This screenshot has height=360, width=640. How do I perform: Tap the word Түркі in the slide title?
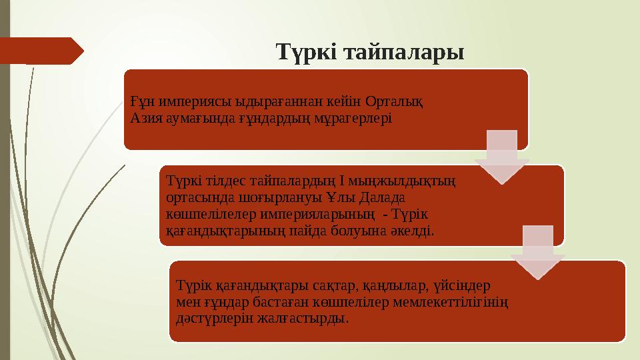(x=307, y=51)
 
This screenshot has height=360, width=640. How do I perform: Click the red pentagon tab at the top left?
(x=40, y=51)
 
